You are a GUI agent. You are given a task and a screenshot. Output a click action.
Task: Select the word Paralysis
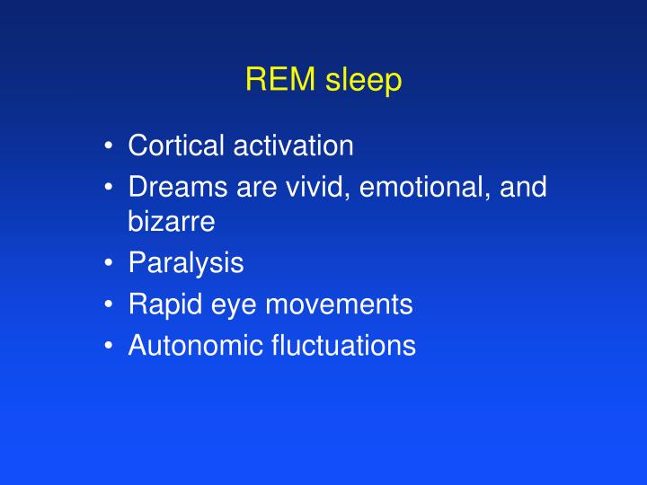[x=186, y=264]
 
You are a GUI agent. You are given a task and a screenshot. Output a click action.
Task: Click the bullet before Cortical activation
[x=108, y=145]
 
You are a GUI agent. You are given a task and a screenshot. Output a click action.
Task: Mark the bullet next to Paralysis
[x=108, y=264]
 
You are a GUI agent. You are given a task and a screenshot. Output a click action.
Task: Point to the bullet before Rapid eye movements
[x=108, y=304]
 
